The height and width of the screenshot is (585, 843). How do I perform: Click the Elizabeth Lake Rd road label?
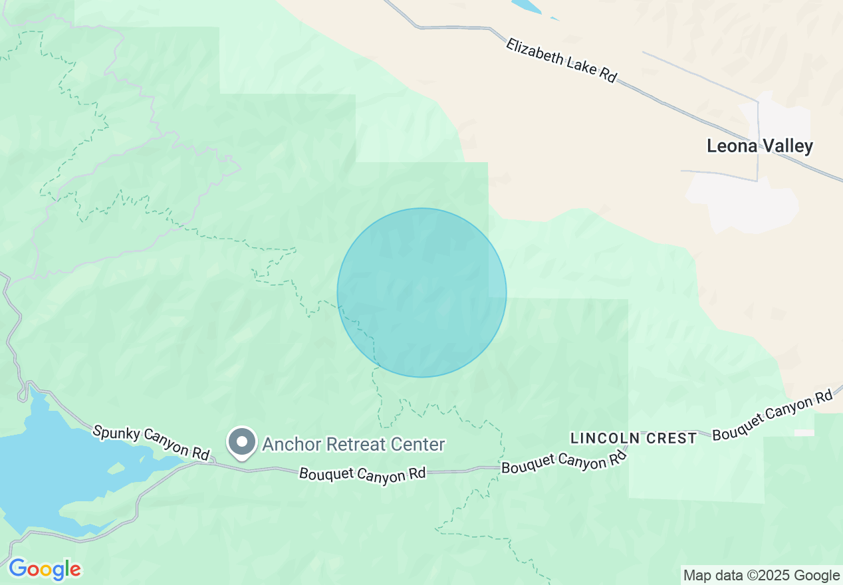(562, 60)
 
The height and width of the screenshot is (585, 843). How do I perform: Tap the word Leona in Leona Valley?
(732, 146)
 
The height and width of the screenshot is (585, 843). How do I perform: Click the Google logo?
(45, 570)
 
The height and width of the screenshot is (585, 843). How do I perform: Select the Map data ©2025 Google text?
(762, 576)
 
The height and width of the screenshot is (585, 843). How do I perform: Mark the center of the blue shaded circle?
(421, 292)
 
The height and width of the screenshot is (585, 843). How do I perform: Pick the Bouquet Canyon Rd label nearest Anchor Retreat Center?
(362, 475)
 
